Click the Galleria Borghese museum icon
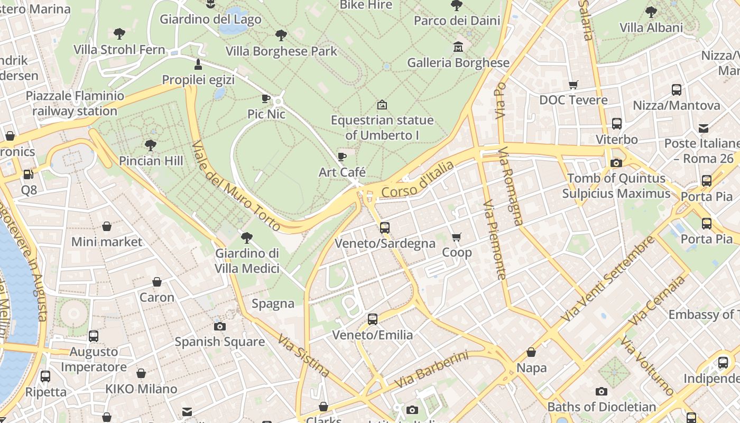click(458, 47)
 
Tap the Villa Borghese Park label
click(281, 51)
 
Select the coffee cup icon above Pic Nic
click(266, 98)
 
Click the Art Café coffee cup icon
click(342, 157)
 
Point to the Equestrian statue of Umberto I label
click(382, 127)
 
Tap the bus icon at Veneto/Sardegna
click(385, 228)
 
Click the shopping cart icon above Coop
click(457, 237)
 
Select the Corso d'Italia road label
click(418, 181)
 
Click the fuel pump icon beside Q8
click(29, 174)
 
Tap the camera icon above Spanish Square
click(219, 326)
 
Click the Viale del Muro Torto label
click(236, 186)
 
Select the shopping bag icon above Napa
click(531, 352)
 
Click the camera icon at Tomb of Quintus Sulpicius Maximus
click(616, 163)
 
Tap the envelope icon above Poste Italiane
click(704, 128)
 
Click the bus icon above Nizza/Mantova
click(677, 90)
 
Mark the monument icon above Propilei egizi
click(198, 65)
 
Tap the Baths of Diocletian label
click(602, 407)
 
